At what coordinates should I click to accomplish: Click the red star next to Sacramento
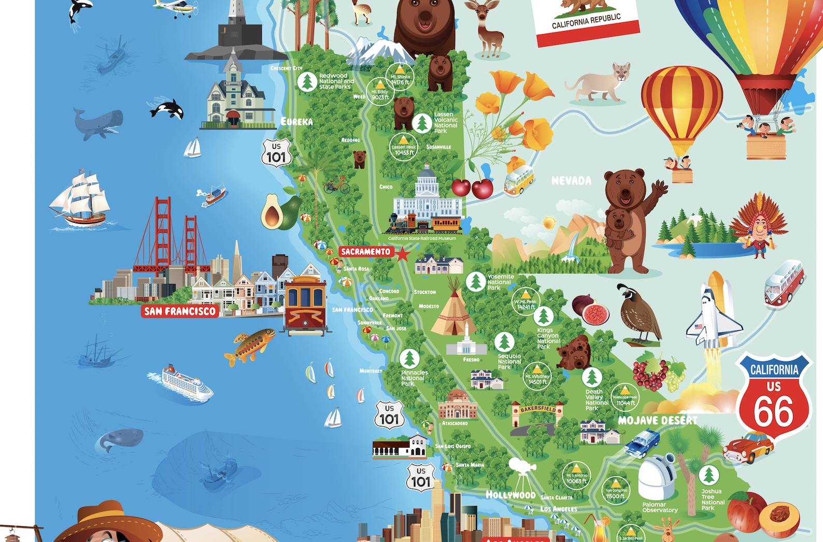click(402, 254)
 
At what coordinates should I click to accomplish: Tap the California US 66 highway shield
click(774, 396)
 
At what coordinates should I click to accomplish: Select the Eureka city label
click(296, 122)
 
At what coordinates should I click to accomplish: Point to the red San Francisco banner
click(179, 311)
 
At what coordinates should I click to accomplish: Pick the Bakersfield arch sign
click(537, 409)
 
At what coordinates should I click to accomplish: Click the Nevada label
click(571, 181)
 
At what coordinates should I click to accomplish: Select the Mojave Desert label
click(657, 420)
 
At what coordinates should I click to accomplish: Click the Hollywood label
click(510, 495)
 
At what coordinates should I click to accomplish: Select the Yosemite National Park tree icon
click(475, 281)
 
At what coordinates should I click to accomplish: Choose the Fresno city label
click(471, 360)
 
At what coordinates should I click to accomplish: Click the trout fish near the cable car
click(249, 346)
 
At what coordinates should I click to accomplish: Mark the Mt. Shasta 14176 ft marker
click(400, 76)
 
